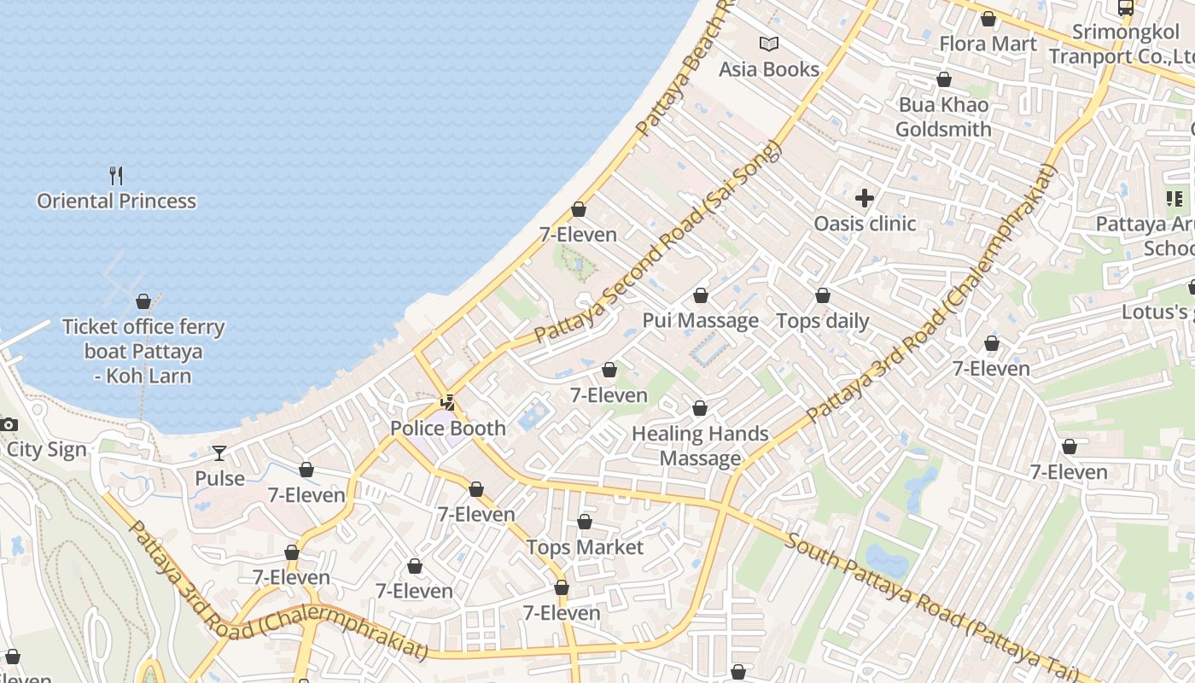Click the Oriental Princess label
click(x=116, y=201)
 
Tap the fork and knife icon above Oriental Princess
click(x=116, y=176)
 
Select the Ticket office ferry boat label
click(x=143, y=351)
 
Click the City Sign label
click(x=47, y=450)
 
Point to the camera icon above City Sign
click(x=9, y=424)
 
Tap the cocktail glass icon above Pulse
click(x=219, y=452)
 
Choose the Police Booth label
click(x=448, y=429)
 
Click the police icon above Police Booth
click(x=447, y=402)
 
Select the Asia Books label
click(x=769, y=69)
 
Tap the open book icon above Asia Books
click(x=769, y=44)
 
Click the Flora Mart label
click(x=988, y=44)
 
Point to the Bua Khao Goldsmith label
click(x=943, y=117)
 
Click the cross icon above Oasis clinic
click(x=865, y=198)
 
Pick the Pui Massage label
click(x=701, y=321)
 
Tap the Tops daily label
click(x=823, y=321)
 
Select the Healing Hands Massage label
click(x=700, y=446)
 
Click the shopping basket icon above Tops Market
click(x=585, y=522)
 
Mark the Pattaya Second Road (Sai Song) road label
click(x=658, y=242)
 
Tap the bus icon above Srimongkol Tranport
click(x=1126, y=8)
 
